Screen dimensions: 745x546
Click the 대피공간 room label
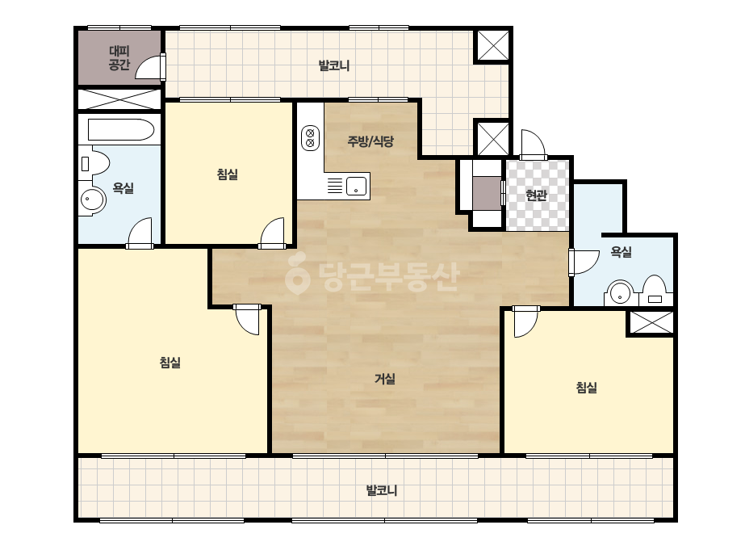pos(119,57)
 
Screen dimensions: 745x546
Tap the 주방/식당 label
pos(370,141)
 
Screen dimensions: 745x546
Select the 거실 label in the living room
pos(385,379)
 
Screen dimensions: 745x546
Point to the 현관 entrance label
pos(537,195)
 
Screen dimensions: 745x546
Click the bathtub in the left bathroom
pos(121,129)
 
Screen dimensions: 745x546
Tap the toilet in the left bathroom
pos(95,164)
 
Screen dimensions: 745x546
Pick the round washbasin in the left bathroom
pos(93,199)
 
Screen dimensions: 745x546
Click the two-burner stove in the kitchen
pos(310,138)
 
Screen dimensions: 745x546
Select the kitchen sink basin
pos(356,186)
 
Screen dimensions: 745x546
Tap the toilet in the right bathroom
pos(655,291)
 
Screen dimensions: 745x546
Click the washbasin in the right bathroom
pos(620,293)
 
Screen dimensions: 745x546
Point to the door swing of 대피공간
pos(150,66)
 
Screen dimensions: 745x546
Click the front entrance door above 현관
pos(533,144)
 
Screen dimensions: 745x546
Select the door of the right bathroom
pos(584,262)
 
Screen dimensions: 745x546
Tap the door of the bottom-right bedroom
pos(526,321)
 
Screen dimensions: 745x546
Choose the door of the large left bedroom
pos(247,320)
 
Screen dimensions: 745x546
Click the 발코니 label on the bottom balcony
pos(382,490)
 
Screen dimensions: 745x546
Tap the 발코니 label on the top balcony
pos(334,65)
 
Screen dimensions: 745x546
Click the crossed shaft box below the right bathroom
pos(651,323)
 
